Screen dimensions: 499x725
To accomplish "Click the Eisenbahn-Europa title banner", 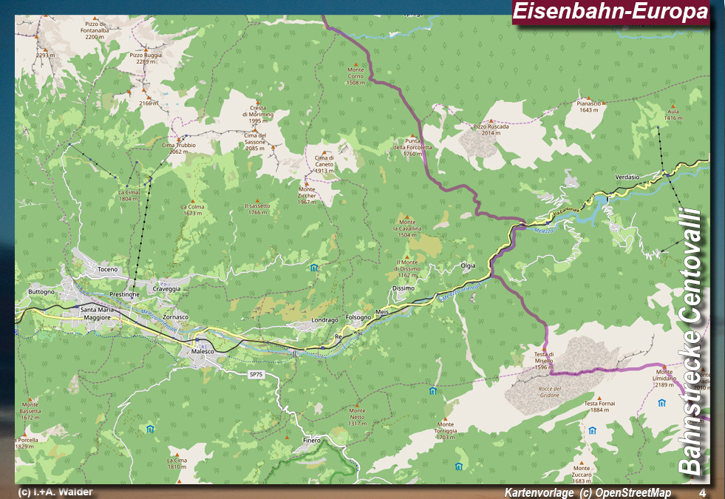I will pos(610,12).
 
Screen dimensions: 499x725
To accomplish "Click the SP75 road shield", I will pos(256,375).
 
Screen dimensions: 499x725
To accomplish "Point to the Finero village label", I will pos(312,440).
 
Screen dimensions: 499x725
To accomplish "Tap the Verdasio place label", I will pos(627,177).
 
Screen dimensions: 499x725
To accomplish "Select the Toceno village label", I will pos(107,269).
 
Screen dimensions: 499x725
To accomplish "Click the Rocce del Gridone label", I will pos(550,392).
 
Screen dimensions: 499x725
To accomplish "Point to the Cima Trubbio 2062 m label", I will pos(178,148).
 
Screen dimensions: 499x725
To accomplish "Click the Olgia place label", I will pos(468,265).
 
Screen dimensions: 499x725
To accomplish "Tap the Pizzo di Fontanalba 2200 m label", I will pos(96,30).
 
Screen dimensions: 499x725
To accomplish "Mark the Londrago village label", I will pos(324,319).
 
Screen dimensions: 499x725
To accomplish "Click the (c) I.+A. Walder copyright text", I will pos(55,492).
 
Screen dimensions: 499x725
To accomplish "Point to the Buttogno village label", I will pos(41,291).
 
